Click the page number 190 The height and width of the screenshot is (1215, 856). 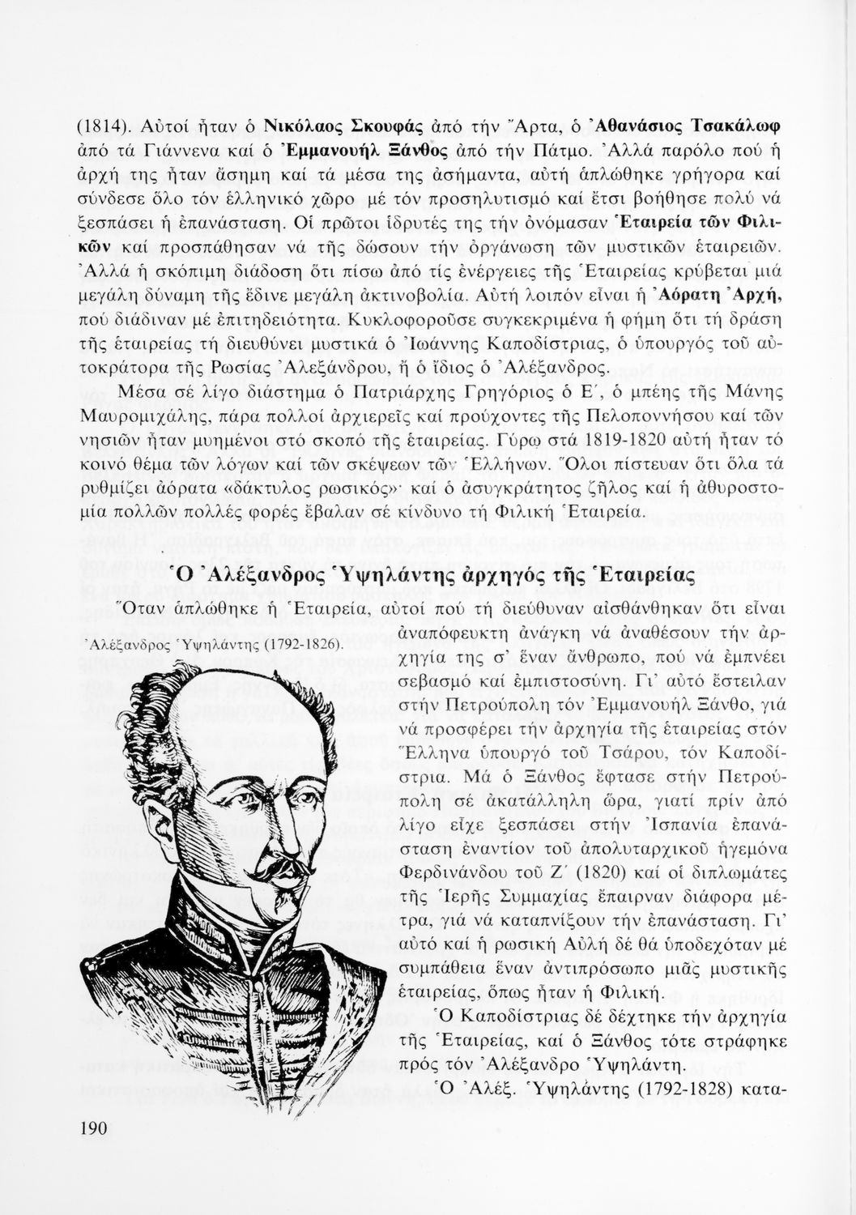pyautogui.click(x=95, y=1128)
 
